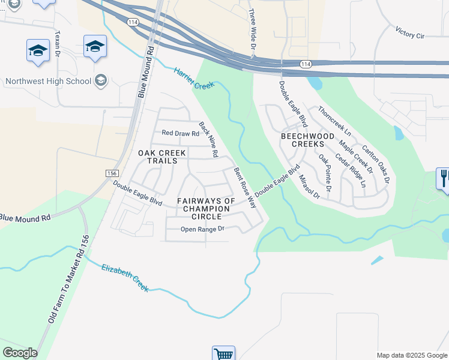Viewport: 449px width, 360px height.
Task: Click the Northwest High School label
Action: [x=48, y=81]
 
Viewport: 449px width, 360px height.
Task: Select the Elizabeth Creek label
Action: [x=125, y=278]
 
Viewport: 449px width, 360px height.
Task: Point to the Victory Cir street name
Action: [x=410, y=32]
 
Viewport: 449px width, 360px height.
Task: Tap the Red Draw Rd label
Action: [x=180, y=134]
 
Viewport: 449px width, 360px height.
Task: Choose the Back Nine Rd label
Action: [x=208, y=140]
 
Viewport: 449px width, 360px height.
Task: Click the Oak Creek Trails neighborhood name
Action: [x=158, y=157]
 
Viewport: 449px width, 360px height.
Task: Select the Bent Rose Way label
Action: [x=246, y=187]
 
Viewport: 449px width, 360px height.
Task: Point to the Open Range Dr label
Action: [x=202, y=229]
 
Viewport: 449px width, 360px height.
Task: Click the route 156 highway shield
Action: [x=112, y=173]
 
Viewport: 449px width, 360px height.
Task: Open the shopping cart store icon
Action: [x=223, y=353]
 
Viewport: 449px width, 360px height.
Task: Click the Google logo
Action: [x=20, y=353]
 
